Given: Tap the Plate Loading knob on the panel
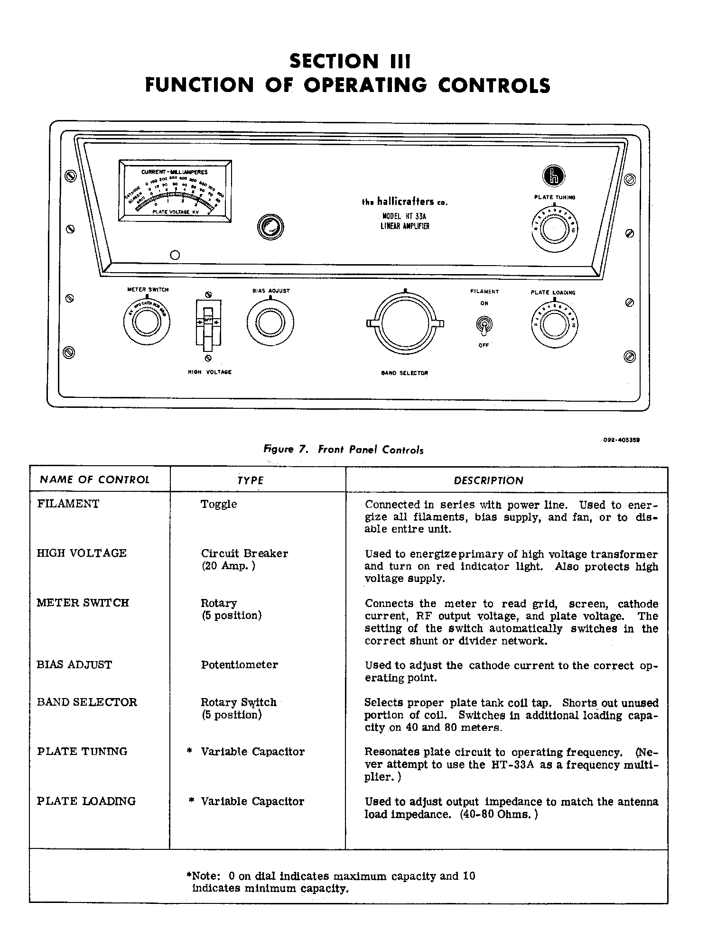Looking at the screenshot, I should [x=554, y=325].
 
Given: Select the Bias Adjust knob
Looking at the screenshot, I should [x=270, y=323].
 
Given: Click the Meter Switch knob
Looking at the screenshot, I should [x=146, y=323].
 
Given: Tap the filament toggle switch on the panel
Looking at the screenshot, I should [x=484, y=325].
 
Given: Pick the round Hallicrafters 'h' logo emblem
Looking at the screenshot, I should [x=554, y=176].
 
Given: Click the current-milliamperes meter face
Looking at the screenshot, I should [x=176, y=191].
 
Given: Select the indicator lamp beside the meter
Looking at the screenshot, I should [x=270, y=227].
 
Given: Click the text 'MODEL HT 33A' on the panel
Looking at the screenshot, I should [x=404, y=216].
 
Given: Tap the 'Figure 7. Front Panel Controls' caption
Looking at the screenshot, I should [x=344, y=449].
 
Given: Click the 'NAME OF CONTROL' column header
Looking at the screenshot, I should [x=94, y=479].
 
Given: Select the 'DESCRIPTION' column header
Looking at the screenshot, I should [x=488, y=480].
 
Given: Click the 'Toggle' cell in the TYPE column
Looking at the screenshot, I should [x=218, y=504].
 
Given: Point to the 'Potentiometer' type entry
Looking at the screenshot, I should [x=239, y=664].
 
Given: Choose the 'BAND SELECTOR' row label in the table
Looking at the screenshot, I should [x=87, y=702].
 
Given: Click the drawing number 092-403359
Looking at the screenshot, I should [x=621, y=440].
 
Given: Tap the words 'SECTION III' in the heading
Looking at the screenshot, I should [x=349, y=62].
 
